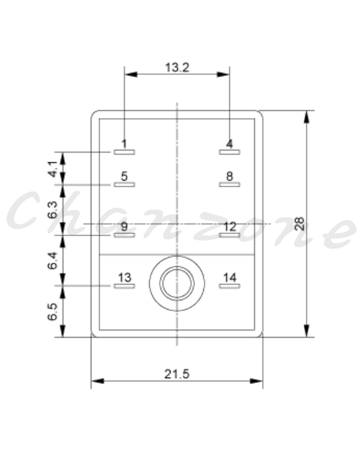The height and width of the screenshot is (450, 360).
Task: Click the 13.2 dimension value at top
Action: (x=177, y=68)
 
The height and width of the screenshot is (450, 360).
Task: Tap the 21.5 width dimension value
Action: (x=177, y=374)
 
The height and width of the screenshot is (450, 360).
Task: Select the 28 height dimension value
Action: (x=300, y=224)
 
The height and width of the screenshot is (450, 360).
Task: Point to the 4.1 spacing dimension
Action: (x=53, y=169)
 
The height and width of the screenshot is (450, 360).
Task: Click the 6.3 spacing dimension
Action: (x=53, y=210)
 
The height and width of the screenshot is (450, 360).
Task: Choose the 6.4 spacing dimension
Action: (x=53, y=261)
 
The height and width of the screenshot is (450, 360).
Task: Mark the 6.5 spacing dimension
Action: (x=53, y=312)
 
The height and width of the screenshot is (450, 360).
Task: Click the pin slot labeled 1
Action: (x=125, y=152)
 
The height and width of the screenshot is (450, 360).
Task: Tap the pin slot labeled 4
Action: (x=230, y=152)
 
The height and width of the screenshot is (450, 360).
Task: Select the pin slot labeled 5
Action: (x=125, y=184)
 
